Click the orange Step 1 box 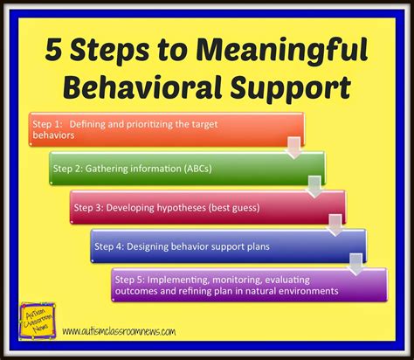coord(166,128)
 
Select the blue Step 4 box coord(227,246)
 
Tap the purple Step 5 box coord(248,285)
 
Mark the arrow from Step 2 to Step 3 coord(314,184)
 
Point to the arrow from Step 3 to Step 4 coord(335,224)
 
